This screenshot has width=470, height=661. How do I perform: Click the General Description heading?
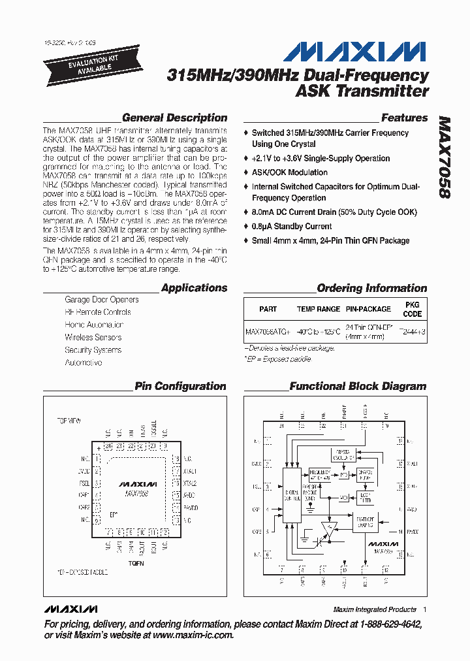coord(174,118)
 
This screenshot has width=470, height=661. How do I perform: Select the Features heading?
coord(404,118)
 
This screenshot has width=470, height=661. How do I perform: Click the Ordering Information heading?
coord(371,288)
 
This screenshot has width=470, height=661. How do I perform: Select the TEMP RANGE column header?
coord(319,309)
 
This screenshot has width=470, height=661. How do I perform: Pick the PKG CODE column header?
coord(413,309)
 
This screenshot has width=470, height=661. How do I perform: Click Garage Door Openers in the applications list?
coord(101,300)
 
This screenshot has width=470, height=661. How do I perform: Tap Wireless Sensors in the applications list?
coord(93,337)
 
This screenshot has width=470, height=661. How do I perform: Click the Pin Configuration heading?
coord(180,386)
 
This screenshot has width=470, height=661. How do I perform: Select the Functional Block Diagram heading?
coord(358,386)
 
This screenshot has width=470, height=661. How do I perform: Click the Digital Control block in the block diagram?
coord(291,496)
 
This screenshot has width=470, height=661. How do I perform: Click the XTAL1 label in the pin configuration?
coord(189,471)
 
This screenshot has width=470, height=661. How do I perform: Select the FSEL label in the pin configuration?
coord(84,483)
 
